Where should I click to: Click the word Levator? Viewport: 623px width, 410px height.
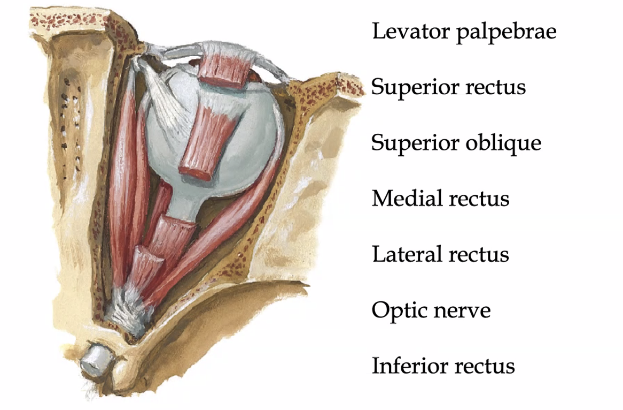411,31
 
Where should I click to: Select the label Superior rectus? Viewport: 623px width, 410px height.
449,86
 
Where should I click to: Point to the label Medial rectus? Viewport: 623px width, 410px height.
440,198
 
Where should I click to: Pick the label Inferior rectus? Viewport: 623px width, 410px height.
443,366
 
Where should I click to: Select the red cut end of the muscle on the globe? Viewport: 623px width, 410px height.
195,172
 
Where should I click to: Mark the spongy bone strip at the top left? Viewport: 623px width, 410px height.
69,20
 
